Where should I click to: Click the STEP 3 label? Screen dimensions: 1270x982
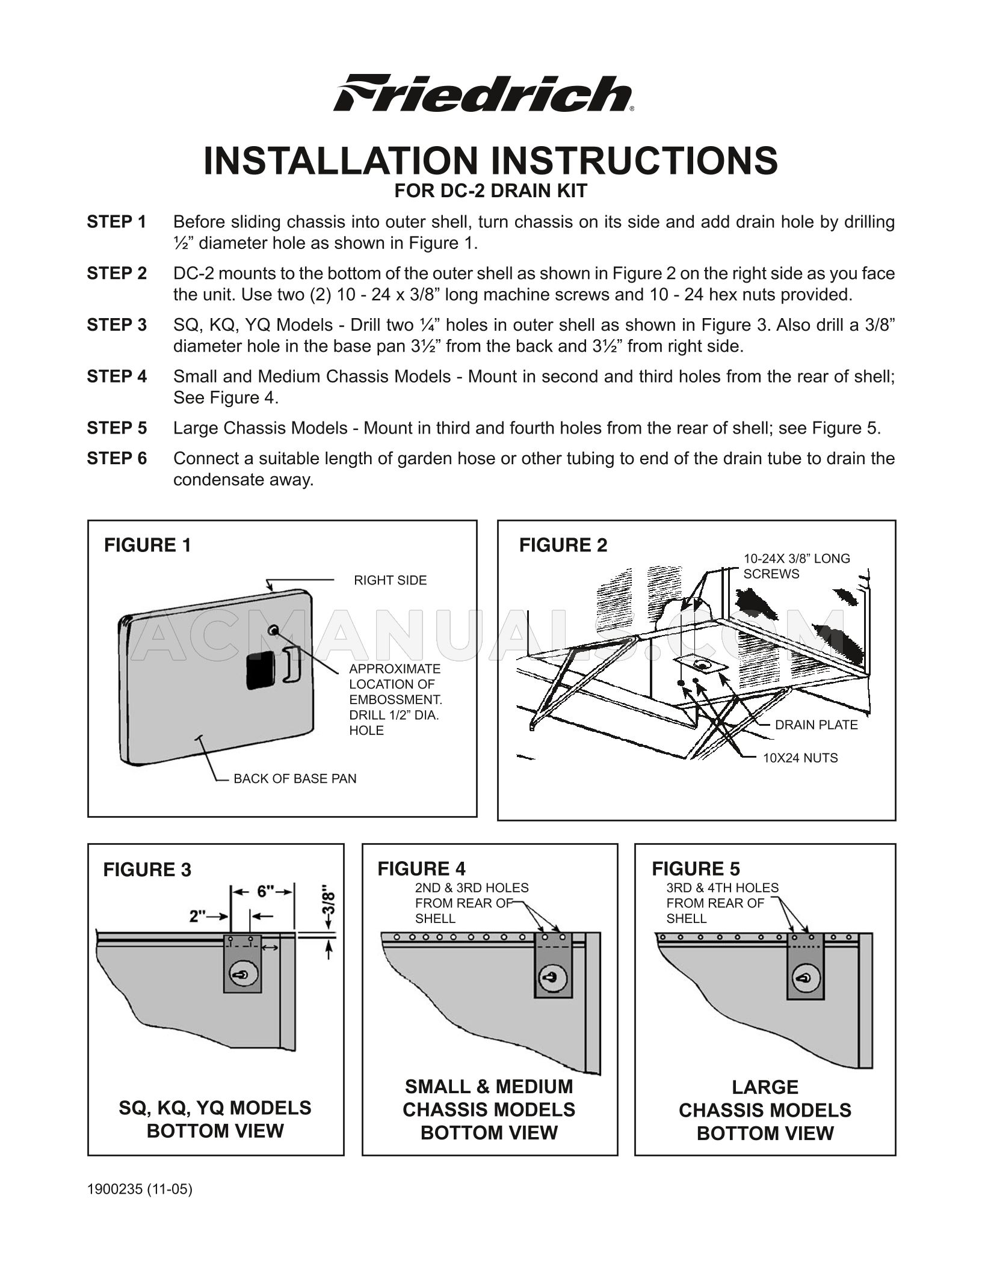[117, 325]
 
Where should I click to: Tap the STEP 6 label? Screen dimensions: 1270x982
[117, 459]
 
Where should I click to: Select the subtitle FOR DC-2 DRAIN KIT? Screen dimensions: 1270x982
[490, 191]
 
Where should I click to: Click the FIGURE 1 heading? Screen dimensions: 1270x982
[147, 545]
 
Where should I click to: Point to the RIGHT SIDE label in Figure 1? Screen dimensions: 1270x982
[390, 580]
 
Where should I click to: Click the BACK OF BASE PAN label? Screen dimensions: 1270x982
[295, 779]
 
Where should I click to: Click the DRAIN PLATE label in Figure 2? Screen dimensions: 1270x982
[816, 725]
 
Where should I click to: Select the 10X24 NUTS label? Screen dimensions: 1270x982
[800, 758]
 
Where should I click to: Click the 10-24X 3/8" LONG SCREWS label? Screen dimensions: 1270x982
[796, 566]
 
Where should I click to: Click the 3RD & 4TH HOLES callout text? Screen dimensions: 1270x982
[721, 903]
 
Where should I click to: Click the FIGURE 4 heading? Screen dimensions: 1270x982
[421, 869]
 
